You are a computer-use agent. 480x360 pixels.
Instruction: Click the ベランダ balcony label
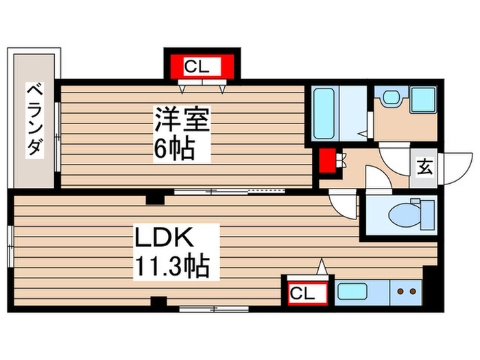coord(34,120)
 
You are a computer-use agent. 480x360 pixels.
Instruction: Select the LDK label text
coord(166,239)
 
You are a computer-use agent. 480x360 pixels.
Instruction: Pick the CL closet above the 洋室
coord(201,67)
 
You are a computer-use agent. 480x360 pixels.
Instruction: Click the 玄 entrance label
coord(425,167)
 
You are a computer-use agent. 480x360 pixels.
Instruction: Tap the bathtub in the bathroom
coord(324,112)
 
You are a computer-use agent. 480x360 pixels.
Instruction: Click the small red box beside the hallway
coord(326,161)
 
